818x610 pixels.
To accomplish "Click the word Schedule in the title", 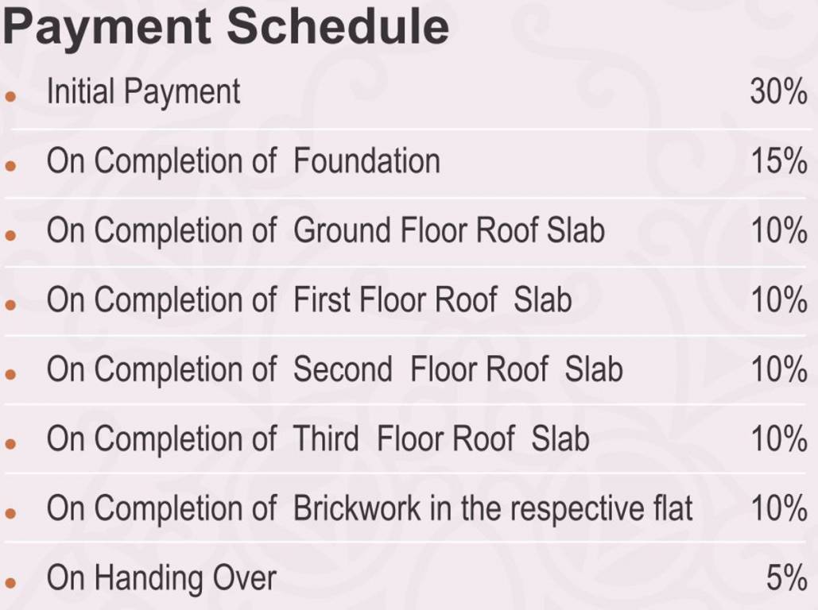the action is (x=338, y=26).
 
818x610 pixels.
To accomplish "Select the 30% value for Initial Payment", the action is (x=778, y=92).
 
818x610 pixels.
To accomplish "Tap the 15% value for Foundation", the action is (x=779, y=160).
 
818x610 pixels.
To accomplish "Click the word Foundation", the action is (x=366, y=160).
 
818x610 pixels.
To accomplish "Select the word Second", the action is (x=343, y=369).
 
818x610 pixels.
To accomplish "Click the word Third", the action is (x=326, y=438).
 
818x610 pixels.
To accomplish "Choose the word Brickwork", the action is (x=357, y=508).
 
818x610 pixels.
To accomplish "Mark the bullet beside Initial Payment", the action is (x=10, y=96).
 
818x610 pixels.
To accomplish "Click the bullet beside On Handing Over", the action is (x=10, y=582).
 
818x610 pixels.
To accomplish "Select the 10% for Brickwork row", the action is (x=779, y=508).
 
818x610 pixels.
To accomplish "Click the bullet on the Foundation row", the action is (x=10, y=165).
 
